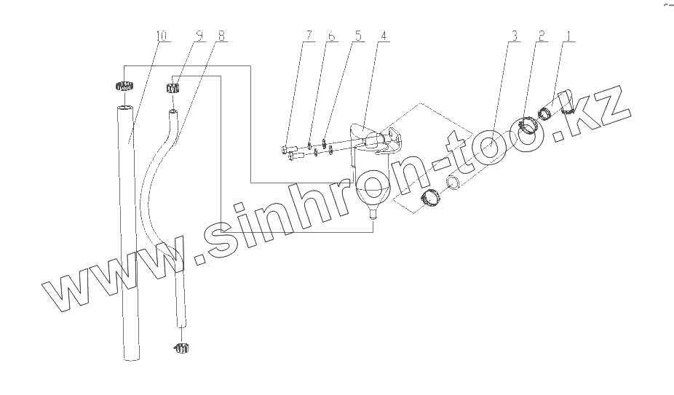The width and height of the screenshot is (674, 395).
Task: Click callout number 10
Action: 162,35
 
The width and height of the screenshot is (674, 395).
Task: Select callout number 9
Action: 199,35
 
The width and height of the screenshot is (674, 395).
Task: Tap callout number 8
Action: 221,35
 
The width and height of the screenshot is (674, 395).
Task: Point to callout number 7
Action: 309,35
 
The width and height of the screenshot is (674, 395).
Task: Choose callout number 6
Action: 332,35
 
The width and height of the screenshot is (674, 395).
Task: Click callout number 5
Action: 357,35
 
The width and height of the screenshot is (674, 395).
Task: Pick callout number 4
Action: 384,35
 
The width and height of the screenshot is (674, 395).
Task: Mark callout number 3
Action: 514,35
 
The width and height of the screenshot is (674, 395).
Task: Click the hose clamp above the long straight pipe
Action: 124,85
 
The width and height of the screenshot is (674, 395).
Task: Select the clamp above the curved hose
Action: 173,89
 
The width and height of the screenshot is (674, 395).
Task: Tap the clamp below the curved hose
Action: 182,347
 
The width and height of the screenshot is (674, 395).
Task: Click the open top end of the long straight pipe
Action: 124,107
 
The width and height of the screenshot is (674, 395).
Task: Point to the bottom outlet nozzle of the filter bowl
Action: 373,212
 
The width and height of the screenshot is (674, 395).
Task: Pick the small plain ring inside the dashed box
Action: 453,182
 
